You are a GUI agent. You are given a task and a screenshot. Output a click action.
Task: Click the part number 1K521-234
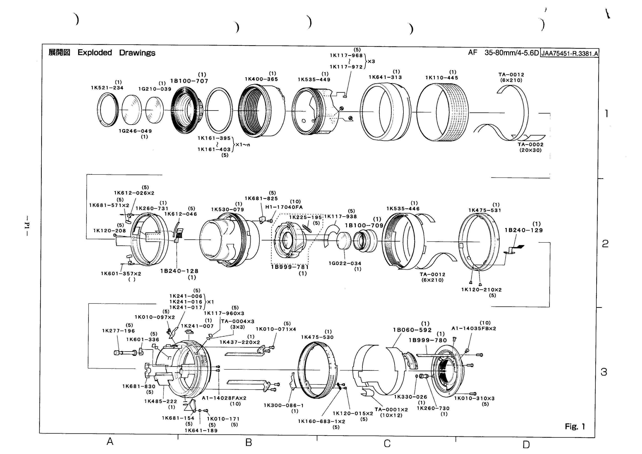pos(107,88)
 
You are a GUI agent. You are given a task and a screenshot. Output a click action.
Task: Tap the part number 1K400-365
pos(262,79)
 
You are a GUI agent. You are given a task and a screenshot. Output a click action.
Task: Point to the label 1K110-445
pos(442,78)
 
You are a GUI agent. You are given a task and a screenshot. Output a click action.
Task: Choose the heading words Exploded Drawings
pos(116,53)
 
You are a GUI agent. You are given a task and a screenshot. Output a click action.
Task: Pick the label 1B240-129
pos(523,230)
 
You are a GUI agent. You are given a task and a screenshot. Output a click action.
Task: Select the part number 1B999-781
pos(290,267)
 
